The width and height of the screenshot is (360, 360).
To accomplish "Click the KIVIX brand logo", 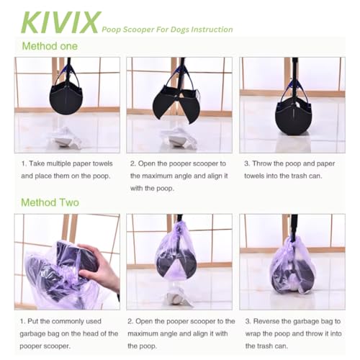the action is coord(61,22).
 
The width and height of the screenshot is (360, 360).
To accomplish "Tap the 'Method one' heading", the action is coord(50,46).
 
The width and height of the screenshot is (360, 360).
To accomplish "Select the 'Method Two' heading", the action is coord(50,202).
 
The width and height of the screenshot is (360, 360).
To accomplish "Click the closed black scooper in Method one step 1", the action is coord(66,98).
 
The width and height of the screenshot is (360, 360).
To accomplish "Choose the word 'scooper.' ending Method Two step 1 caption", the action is coord(57,346).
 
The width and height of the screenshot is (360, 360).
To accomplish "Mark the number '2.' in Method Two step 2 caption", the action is coord(130,321).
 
